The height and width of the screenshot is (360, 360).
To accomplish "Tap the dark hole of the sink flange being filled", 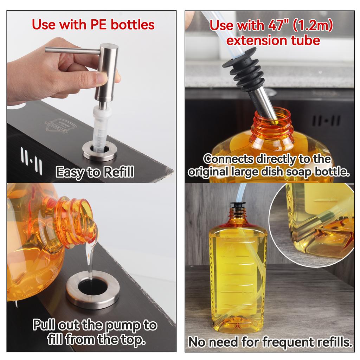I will click(92, 287).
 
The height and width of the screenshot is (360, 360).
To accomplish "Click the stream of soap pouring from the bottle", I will click(90, 260).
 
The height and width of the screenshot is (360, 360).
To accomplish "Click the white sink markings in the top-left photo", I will click(31, 161).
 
